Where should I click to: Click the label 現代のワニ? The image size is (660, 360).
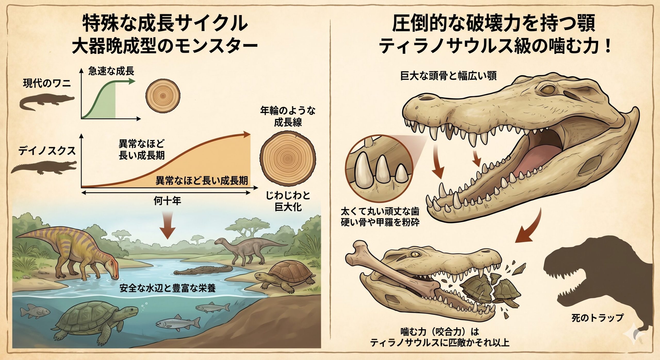coord(47,84)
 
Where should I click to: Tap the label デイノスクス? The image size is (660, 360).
coord(47,151)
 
